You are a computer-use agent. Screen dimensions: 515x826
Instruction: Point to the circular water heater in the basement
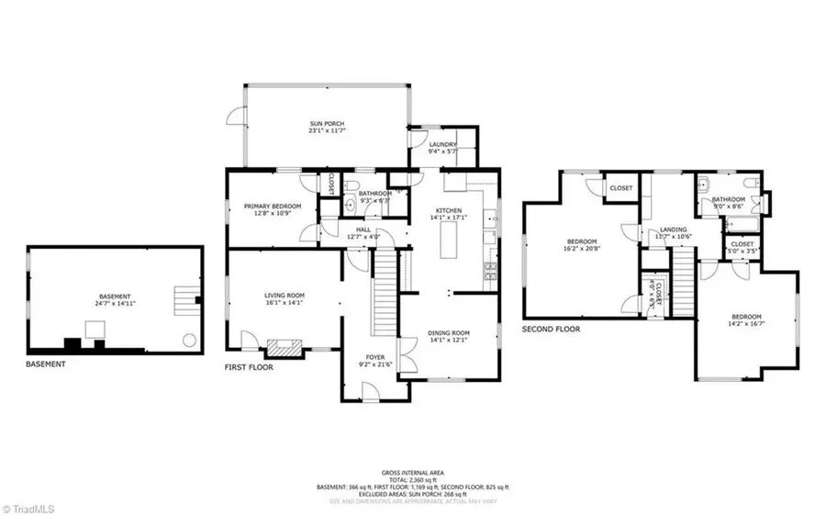click(189, 340)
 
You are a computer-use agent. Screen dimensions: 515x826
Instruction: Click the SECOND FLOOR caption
click(551, 328)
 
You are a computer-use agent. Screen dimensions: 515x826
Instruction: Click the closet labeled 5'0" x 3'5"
click(742, 248)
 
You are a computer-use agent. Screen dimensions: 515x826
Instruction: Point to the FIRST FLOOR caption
click(249, 366)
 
